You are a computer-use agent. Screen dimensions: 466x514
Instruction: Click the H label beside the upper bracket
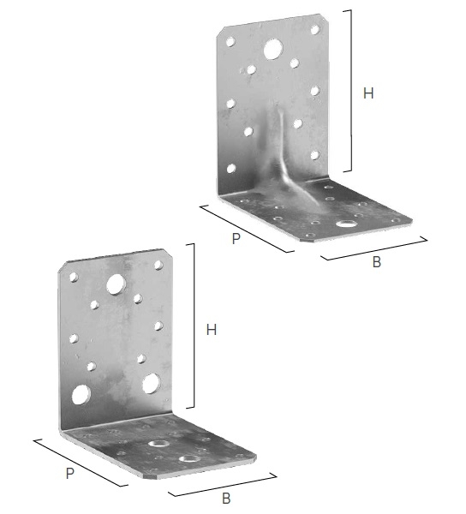[368, 93]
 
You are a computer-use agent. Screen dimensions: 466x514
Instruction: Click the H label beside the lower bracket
[212, 330]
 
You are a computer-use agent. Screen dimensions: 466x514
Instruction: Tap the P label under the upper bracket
[236, 238]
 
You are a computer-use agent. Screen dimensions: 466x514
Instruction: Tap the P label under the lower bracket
[69, 474]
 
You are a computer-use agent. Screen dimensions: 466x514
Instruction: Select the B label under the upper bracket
[377, 262]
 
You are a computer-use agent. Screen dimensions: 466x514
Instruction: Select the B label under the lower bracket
[226, 499]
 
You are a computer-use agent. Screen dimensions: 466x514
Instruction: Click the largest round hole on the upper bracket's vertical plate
[273, 49]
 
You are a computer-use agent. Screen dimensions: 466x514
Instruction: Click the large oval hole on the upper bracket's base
[346, 224]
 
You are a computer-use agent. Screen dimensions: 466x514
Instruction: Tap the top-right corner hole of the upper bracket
[315, 30]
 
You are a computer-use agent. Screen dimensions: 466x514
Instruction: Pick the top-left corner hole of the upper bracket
[230, 42]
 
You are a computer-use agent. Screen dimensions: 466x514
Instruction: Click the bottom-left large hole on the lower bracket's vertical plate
[81, 394]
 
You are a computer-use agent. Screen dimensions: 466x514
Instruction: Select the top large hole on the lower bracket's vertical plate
[116, 284]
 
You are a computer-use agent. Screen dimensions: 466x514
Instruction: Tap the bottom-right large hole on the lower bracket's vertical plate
[151, 383]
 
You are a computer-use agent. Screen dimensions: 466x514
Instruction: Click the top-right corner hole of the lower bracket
[159, 265]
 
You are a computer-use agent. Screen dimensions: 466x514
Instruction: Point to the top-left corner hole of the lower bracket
[74, 278]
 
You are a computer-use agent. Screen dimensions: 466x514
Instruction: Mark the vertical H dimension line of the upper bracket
[351, 91]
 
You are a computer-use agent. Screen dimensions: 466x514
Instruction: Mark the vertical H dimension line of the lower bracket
[194, 326]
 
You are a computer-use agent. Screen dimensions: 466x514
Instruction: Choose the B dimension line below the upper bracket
[374, 248]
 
